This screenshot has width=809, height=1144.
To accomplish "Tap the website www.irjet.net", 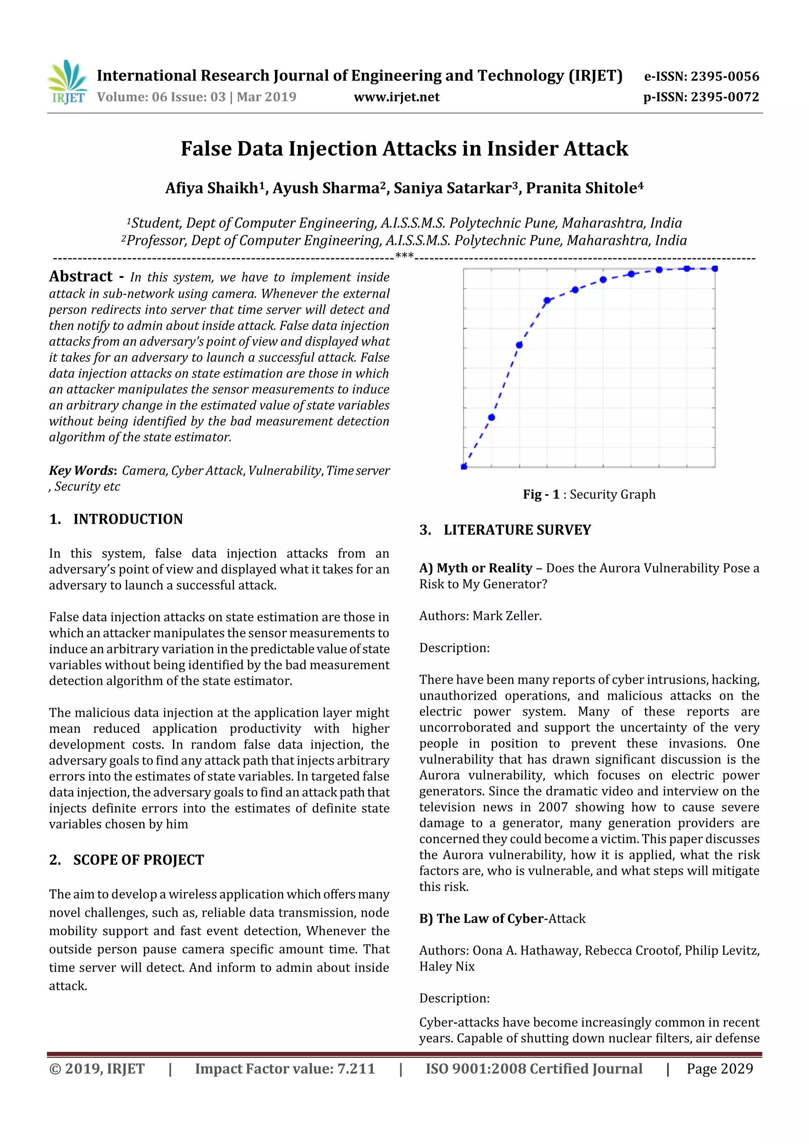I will [396, 97].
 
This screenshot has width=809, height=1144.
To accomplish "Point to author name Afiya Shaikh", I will [212, 188].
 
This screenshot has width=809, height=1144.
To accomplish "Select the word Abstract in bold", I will [81, 276].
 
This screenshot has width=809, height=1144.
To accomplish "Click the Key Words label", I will [82, 470].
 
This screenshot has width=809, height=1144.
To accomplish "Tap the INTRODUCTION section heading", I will [128, 519].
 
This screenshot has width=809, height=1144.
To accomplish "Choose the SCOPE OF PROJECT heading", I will [138, 860].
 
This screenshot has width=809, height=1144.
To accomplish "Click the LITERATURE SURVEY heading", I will [517, 530].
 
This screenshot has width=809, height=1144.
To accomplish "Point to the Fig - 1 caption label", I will [541, 494].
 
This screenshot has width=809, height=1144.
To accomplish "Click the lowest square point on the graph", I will [464, 466].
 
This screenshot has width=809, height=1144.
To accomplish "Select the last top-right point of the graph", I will [714, 269].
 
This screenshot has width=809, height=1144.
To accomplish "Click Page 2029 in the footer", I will [719, 1069].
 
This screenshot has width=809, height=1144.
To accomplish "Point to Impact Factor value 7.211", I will [285, 1069].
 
